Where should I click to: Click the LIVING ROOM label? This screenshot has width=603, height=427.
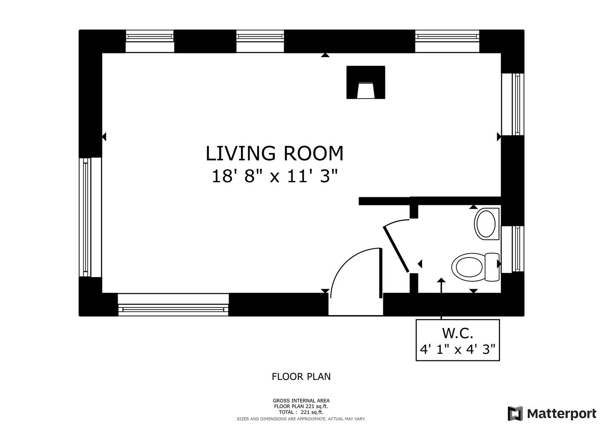[274, 154]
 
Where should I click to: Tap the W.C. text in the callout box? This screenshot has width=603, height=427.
[458, 333]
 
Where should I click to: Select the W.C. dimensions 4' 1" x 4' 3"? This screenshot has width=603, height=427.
[458, 350]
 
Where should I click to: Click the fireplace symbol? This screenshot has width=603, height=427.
[366, 82]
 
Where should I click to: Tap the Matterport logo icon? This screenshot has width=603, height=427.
[515, 413]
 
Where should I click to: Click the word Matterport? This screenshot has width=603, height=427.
[562, 413]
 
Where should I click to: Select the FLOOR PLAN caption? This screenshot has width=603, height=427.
[301, 377]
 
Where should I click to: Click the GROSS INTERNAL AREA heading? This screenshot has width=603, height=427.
[301, 401]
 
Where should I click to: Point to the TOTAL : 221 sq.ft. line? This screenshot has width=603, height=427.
[301, 412]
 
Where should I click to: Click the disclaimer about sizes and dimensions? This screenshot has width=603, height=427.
[301, 419]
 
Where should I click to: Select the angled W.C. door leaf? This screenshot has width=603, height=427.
[396, 249]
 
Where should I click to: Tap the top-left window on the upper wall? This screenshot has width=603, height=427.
[150, 41]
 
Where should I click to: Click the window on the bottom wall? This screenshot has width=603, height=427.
[173, 305]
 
